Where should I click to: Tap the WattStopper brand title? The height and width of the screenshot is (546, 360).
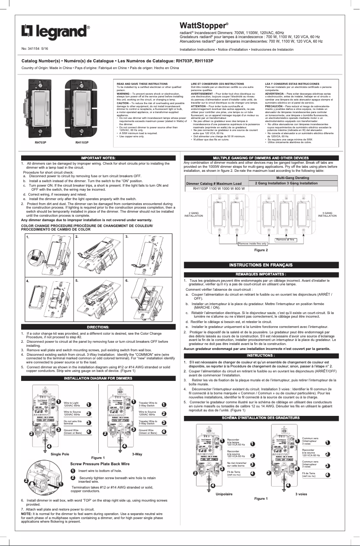[204, 25]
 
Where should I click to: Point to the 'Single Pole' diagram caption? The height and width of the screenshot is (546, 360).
[60, 454]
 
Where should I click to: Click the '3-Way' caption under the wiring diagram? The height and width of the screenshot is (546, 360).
[137, 454]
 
